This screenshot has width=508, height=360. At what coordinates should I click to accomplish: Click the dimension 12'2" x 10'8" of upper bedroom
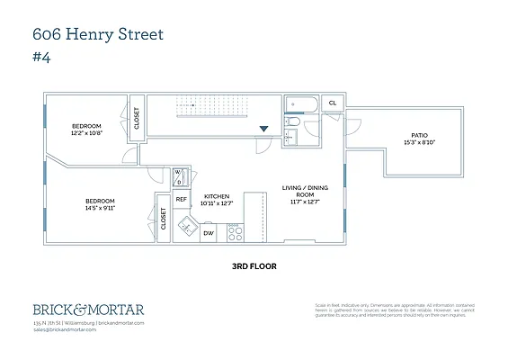coord(87,132)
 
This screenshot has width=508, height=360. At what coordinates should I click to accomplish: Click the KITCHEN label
coord(216,196)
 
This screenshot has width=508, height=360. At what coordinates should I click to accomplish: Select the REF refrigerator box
coord(181,200)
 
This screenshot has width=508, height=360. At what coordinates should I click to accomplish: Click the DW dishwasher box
coord(208,233)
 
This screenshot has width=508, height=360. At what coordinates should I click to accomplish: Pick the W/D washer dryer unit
coord(178,175)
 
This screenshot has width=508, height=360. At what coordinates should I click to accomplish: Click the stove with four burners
coord(235,233)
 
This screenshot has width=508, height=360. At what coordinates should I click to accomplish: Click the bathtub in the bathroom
coord(299,103)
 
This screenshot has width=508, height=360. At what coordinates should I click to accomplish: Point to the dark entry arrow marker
coord(263,130)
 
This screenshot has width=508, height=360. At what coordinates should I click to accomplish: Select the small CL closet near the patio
coord(332,103)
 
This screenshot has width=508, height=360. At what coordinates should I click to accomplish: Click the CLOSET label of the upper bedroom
coord(137,119)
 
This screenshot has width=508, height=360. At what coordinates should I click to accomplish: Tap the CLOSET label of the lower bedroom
coord(163,219)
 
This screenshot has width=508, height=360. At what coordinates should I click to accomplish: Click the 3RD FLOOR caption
coord(254,267)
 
